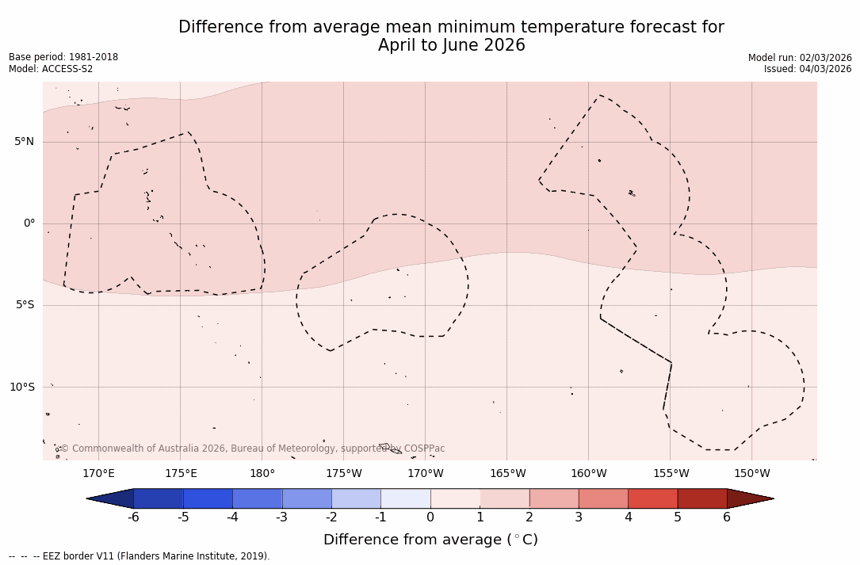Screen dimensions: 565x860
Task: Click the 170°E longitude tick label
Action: (x=98, y=474)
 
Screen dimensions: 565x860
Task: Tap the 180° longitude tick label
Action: (x=262, y=474)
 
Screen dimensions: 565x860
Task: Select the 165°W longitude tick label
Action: (x=507, y=474)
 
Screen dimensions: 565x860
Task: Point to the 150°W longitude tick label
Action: (x=751, y=474)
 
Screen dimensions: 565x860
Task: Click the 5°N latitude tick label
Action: (x=24, y=142)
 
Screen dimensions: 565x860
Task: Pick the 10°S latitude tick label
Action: (x=21, y=387)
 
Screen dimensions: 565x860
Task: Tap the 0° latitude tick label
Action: (x=29, y=223)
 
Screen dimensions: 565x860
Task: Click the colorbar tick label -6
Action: (x=133, y=517)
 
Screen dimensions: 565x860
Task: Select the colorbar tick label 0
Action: (x=430, y=517)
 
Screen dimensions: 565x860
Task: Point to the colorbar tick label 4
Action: (x=628, y=517)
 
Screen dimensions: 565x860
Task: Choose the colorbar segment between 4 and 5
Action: (x=652, y=498)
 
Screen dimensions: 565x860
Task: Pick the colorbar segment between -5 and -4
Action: (x=208, y=498)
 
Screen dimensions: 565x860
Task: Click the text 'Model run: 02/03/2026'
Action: (x=800, y=58)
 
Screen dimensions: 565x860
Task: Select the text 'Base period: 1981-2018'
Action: (x=63, y=57)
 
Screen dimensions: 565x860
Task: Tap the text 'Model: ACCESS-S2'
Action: (x=51, y=69)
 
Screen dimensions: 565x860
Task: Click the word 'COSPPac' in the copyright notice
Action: (x=424, y=449)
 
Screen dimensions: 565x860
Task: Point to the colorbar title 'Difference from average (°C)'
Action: (x=430, y=540)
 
